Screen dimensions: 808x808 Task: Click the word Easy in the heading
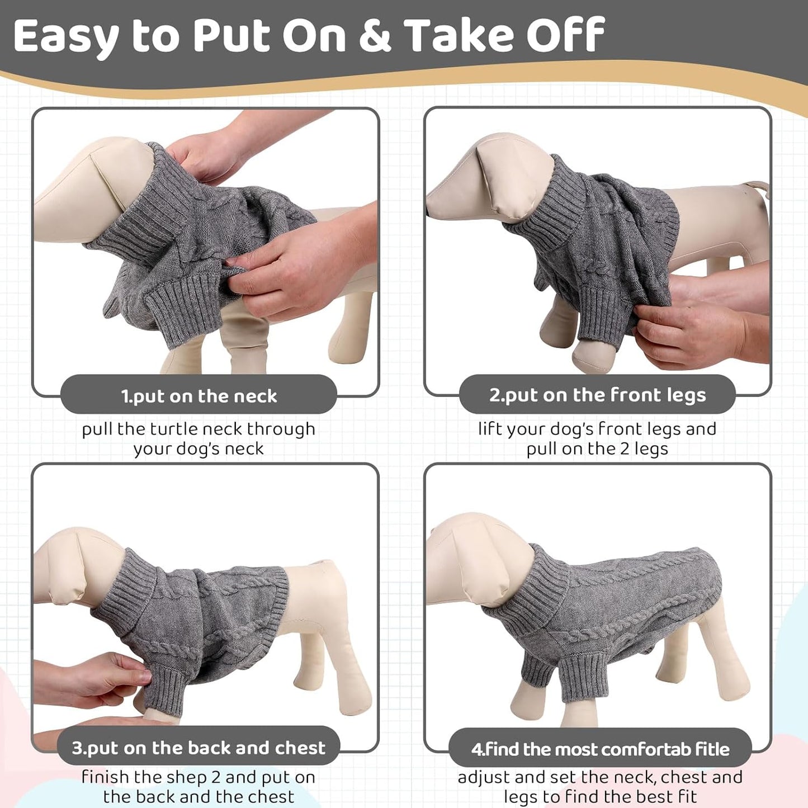66,36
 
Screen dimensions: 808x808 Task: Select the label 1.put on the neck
199,396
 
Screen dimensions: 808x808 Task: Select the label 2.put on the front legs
597,395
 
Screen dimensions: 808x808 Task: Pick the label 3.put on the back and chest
199,748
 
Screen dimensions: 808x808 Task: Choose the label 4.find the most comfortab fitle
600,749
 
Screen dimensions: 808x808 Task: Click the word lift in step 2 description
490,429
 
